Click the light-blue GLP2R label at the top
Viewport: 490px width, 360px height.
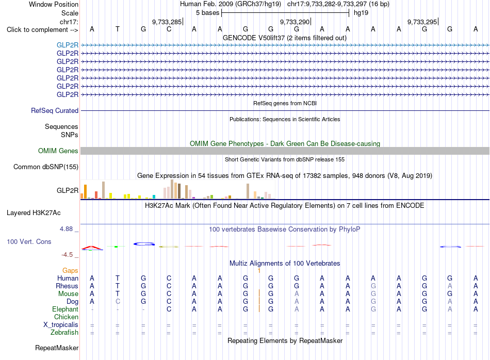pos(68,45)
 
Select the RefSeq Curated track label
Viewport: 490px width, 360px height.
pos(55,110)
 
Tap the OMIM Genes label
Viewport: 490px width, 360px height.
pos(58,151)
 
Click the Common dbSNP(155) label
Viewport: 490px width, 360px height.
pos(46,167)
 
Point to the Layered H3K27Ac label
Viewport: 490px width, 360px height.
pos(34,213)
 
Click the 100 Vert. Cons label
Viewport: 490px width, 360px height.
pos(29,241)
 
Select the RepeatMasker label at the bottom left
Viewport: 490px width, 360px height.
pos(57,348)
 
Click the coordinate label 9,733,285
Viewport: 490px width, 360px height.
pos(167,22)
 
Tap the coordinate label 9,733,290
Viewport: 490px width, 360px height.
pos(295,22)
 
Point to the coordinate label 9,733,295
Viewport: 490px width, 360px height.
pos(422,22)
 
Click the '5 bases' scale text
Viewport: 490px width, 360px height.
pos(208,13)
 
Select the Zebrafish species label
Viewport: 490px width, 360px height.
pos(64,333)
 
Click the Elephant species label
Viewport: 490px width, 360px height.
pos(66,309)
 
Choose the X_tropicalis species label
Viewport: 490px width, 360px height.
pos(61,325)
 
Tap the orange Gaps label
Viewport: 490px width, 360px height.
pos(70,270)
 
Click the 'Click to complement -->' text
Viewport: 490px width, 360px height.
pos(42,30)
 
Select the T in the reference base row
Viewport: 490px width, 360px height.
pos(118,29)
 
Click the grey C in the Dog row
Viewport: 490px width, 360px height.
pos(118,302)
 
